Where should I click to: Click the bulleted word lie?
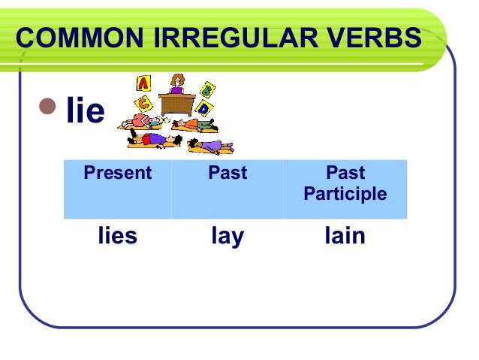coord(85,111)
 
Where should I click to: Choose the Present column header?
coord(117,174)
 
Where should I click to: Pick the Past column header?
coord(227,174)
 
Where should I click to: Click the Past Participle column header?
coord(345,184)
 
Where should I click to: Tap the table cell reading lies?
coord(117,236)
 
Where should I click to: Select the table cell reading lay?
coord(227,236)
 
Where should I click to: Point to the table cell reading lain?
coord(345,236)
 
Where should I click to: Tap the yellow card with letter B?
coord(208,89)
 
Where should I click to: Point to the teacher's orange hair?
coord(177,78)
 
